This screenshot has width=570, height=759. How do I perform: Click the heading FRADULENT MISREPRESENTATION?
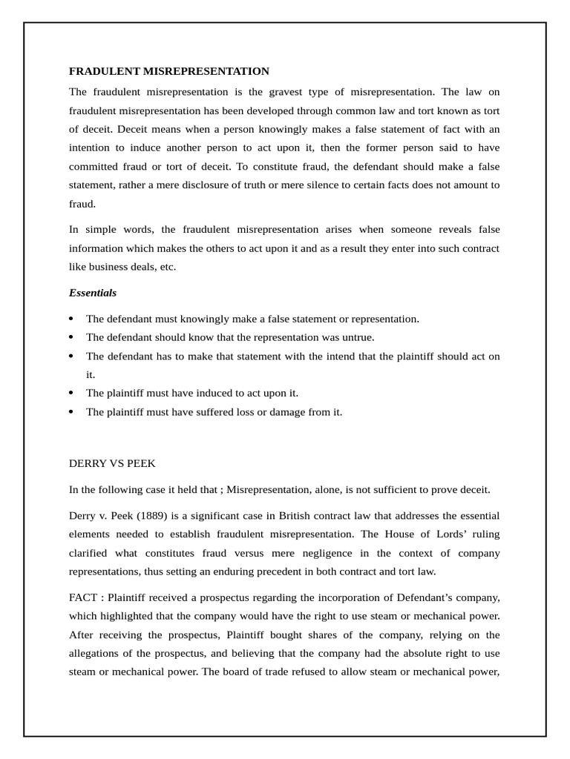(x=168, y=71)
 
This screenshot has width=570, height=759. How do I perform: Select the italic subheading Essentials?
(x=93, y=293)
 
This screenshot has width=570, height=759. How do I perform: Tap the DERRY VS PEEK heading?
(x=113, y=463)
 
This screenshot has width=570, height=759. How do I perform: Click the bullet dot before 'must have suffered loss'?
(x=71, y=412)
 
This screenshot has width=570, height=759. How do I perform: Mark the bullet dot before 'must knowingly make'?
(x=71, y=319)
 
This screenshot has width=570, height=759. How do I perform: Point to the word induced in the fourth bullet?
(x=205, y=393)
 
